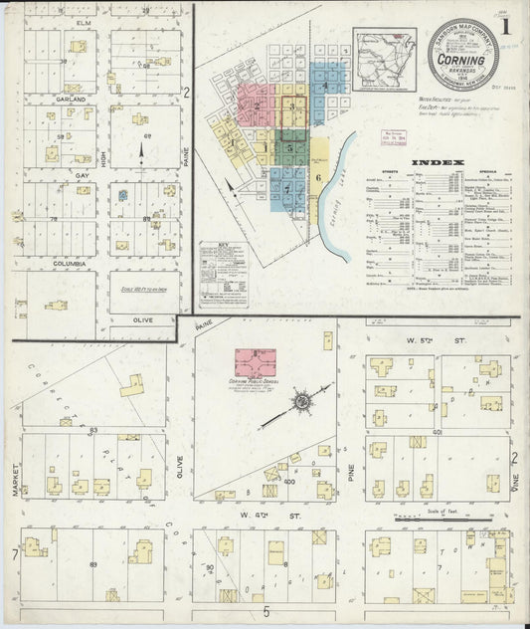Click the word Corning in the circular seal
pyautogui.click(x=463, y=60)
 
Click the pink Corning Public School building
pyautogui.click(x=256, y=361)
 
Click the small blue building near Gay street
pyautogui.click(x=122, y=196)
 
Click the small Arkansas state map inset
pyautogui.click(x=385, y=59)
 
